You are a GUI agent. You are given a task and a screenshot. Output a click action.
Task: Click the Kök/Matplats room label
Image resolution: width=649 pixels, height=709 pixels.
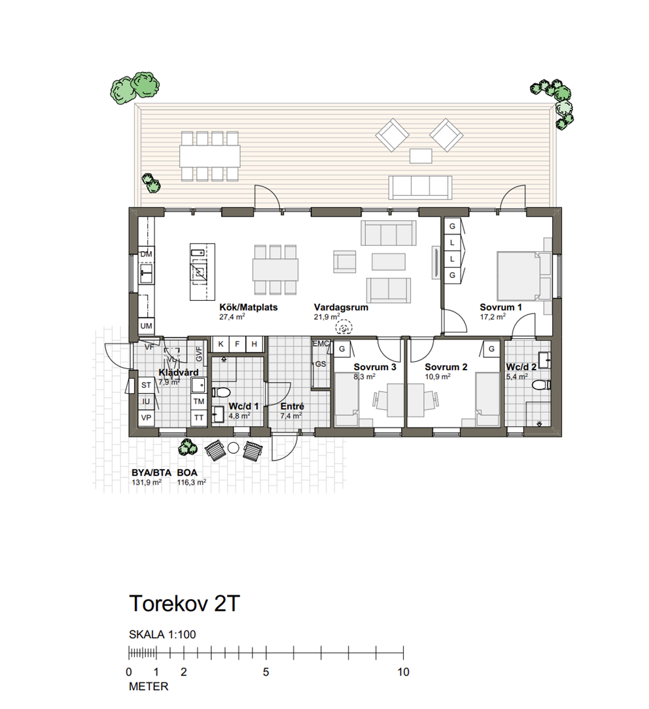click(x=249, y=307)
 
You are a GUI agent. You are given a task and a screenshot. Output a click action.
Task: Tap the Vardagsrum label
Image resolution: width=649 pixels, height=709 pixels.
click(x=341, y=307)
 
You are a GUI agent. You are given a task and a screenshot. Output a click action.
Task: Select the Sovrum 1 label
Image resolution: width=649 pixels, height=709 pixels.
click(x=500, y=307)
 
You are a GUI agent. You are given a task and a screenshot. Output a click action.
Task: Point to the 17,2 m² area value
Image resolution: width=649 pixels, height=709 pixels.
click(x=493, y=317)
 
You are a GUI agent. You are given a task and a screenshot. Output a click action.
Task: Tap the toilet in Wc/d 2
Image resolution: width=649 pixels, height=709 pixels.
click(x=541, y=385)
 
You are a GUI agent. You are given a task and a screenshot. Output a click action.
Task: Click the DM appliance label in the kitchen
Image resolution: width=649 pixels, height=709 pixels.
click(x=146, y=254)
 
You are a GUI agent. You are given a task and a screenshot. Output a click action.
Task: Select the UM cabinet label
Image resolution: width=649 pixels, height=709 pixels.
click(x=146, y=326)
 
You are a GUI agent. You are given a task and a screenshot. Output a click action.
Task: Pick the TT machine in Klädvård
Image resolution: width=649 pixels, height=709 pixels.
click(x=199, y=418)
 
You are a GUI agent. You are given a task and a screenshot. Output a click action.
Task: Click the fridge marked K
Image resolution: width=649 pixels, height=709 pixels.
click(x=220, y=344)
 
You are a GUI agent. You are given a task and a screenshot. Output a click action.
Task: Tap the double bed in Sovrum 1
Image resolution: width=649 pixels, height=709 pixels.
click(x=519, y=275)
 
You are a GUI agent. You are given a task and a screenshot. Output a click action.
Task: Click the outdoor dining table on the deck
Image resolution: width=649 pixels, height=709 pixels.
click(x=209, y=156)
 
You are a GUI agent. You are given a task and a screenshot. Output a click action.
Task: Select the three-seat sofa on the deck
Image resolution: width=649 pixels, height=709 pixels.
click(x=420, y=188)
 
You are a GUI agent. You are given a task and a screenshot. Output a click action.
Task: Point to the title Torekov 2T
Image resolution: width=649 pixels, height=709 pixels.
click(x=184, y=603)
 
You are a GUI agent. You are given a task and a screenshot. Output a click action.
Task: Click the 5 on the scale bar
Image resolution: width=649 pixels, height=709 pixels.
click(x=266, y=672)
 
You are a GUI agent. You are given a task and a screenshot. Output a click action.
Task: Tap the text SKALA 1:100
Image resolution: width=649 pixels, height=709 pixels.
click(x=162, y=634)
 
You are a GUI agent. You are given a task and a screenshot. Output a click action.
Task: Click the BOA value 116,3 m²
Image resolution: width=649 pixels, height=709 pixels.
click(x=191, y=483)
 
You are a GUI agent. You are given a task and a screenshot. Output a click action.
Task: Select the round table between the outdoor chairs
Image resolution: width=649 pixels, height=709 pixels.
click(x=233, y=448)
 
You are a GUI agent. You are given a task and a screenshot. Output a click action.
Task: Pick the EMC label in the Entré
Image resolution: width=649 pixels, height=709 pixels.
click(x=321, y=343)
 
